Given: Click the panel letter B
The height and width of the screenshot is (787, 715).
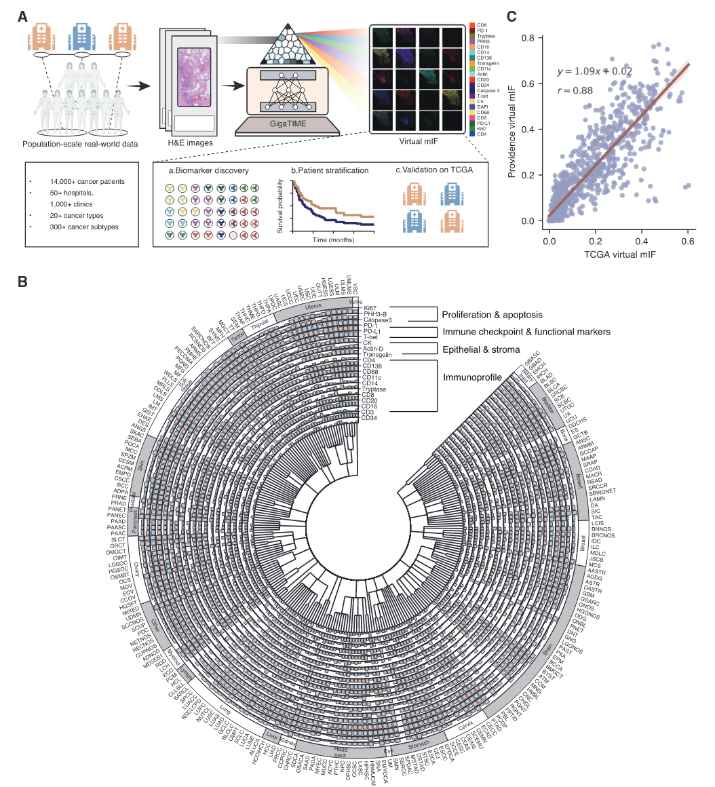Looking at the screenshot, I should coord(23,280).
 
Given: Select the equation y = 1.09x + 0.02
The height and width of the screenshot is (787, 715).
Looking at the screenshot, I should coord(595,71).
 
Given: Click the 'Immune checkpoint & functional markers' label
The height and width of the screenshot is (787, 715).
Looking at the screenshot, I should coord(526,332).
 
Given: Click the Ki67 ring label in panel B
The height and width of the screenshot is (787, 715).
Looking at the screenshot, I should coord(370,308).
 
